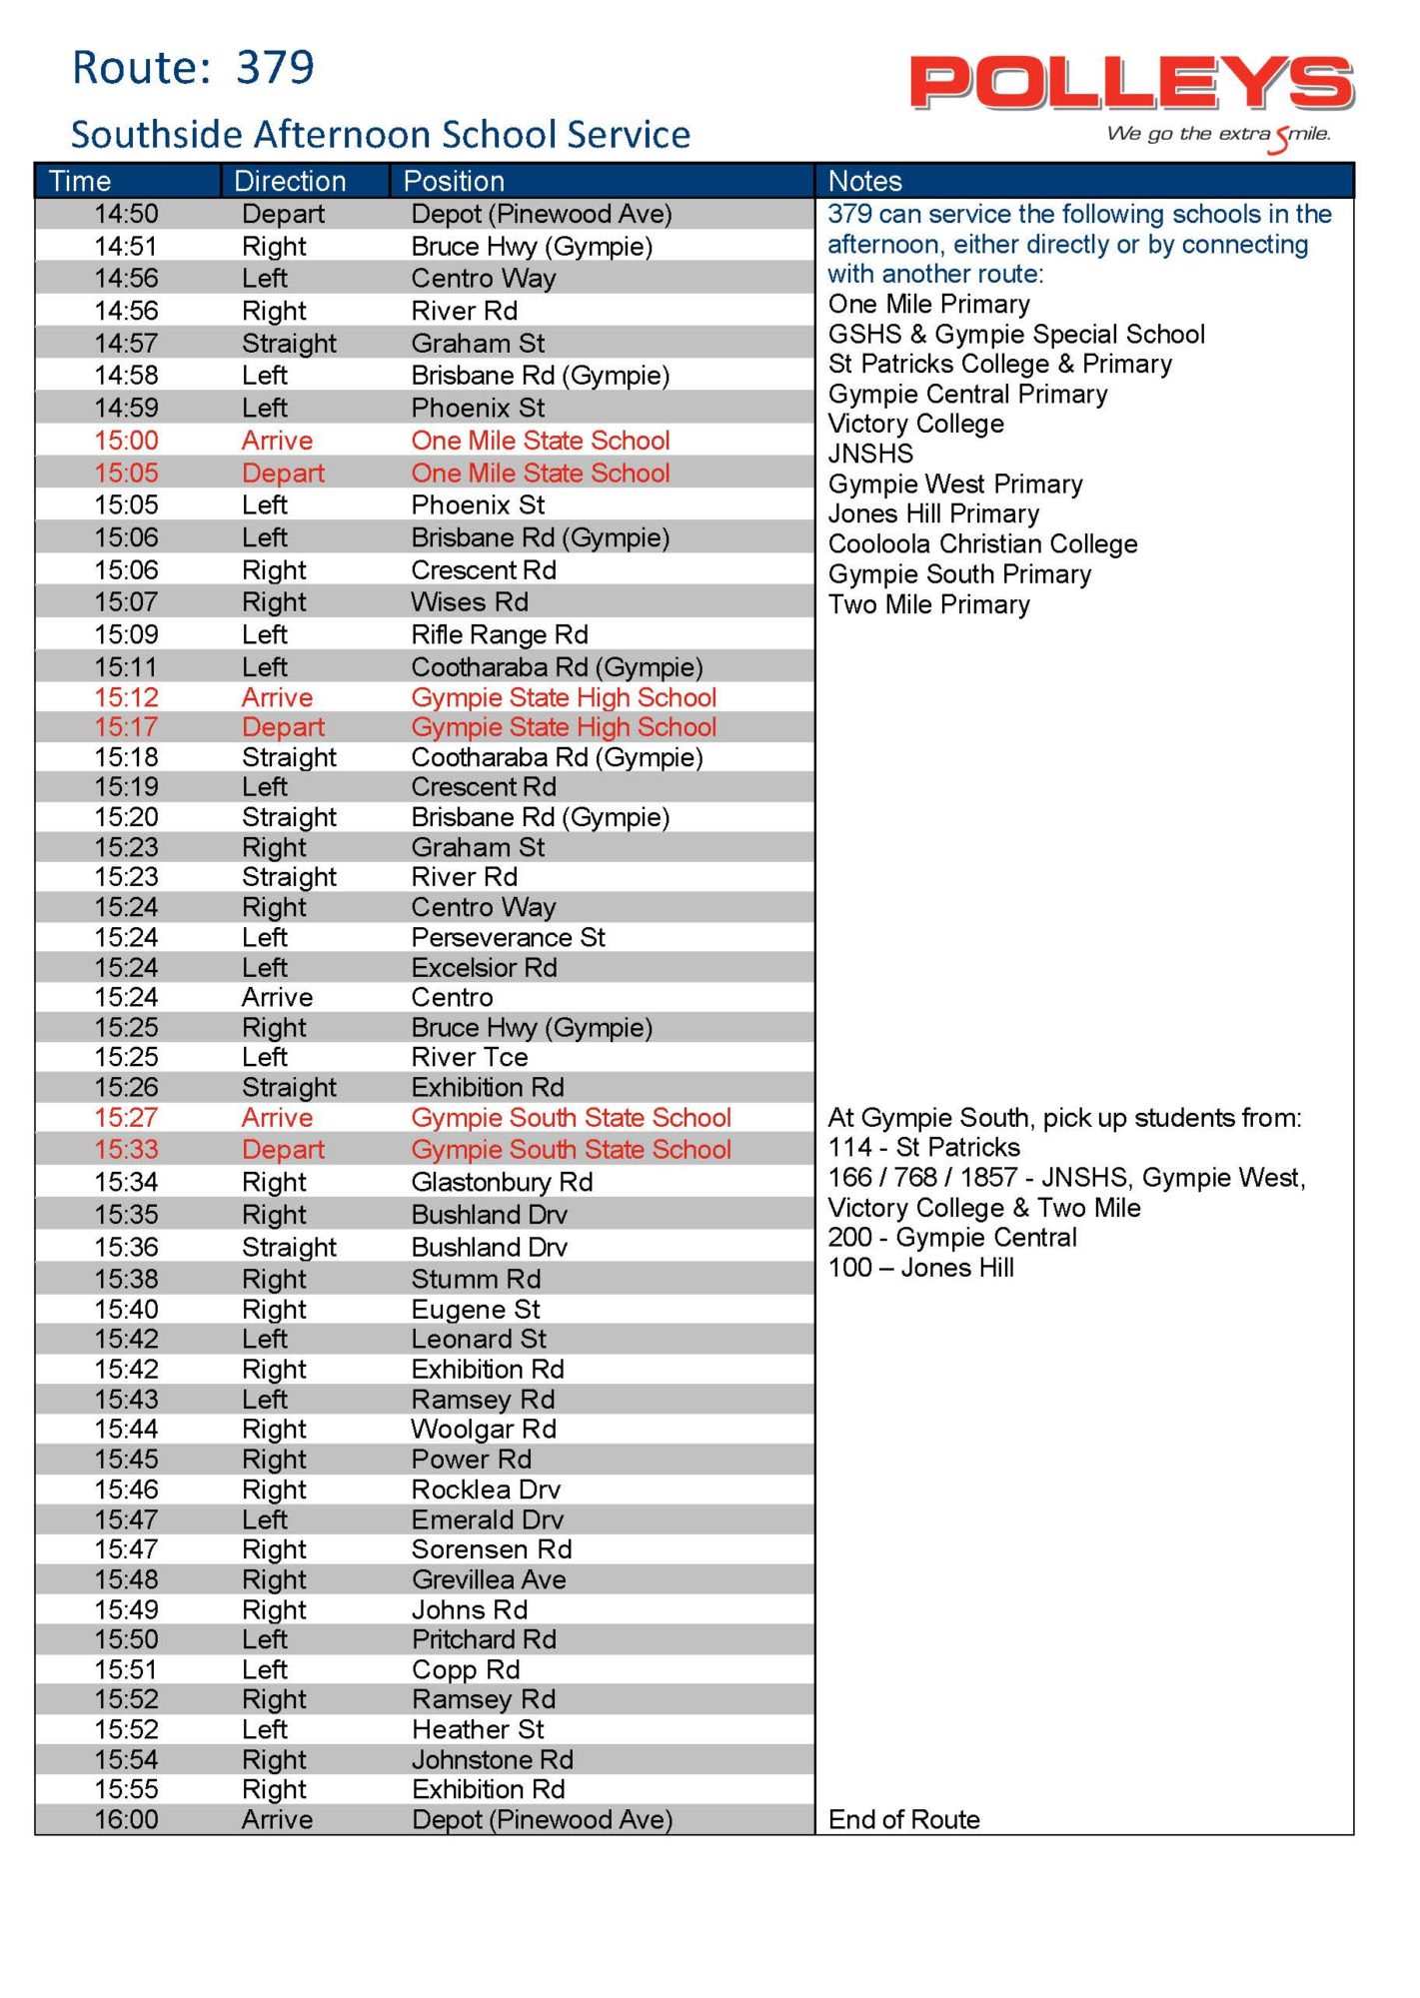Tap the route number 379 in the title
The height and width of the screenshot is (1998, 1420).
[x=275, y=68]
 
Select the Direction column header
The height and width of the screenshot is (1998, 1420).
[x=290, y=181]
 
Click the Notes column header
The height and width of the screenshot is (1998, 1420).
[x=864, y=181]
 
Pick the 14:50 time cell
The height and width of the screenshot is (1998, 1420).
[x=126, y=214]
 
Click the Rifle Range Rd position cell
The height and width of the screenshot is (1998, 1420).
[x=500, y=634]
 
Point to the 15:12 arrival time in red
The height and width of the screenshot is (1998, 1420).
[x=126, y=697]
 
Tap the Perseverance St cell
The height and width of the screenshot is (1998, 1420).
[x=508, y=937]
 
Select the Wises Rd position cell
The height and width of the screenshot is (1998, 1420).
[x=470, y=602]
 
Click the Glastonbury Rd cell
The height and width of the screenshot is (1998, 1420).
[x=502, y=1182]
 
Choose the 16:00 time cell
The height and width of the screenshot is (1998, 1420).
[x=126, y=1819]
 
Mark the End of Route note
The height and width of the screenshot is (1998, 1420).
[x=903, y=1819]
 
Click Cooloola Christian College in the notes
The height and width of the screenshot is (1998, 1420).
[x=982, y=544]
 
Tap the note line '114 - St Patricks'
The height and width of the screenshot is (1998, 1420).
[x=924, y=1147]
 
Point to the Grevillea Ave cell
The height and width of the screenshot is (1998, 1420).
[x=489, y=1579]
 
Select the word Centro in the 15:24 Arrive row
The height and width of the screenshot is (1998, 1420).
[x=452, y=997]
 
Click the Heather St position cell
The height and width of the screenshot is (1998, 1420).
[x=478, y=1729]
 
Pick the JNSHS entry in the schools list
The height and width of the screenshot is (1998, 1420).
[x=870, y=454]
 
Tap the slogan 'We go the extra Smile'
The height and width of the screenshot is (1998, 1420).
[x=1218, y=135]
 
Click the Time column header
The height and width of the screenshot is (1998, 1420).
[x=80, y=181]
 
